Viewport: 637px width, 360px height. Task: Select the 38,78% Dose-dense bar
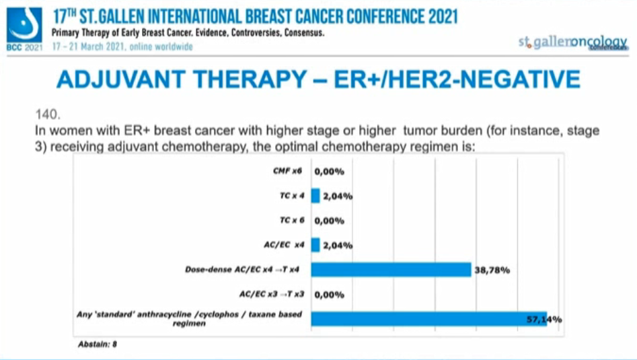click(x=391, y=270)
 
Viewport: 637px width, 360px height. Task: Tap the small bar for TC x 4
click(x=315, y=196)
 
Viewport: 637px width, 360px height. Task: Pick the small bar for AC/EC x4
click(x=315, y=245)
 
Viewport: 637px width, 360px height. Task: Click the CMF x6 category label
click(x=287, y=172)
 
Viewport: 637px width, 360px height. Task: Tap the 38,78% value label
click(x=491, y=271)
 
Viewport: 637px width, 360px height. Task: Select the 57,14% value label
click(x=545, y=319)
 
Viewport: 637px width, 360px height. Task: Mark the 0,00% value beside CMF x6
click(x=329, y=172)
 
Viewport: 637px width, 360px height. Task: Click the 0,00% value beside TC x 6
click(x=329, y=221)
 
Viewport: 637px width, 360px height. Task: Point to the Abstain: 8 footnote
click(x=98, y=344)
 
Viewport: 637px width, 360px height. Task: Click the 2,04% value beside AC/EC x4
click(x=337, y=246)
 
